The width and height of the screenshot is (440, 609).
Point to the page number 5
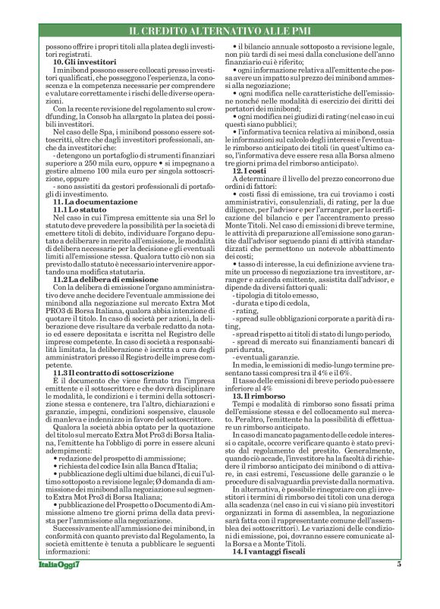(398, 585)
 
